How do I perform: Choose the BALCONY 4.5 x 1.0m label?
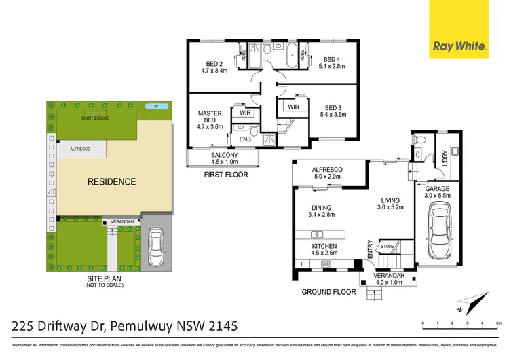coord(224,158)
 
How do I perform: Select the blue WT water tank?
coord(157,107)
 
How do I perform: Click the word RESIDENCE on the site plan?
coord(111,182)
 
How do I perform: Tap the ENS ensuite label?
coord(244,139)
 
